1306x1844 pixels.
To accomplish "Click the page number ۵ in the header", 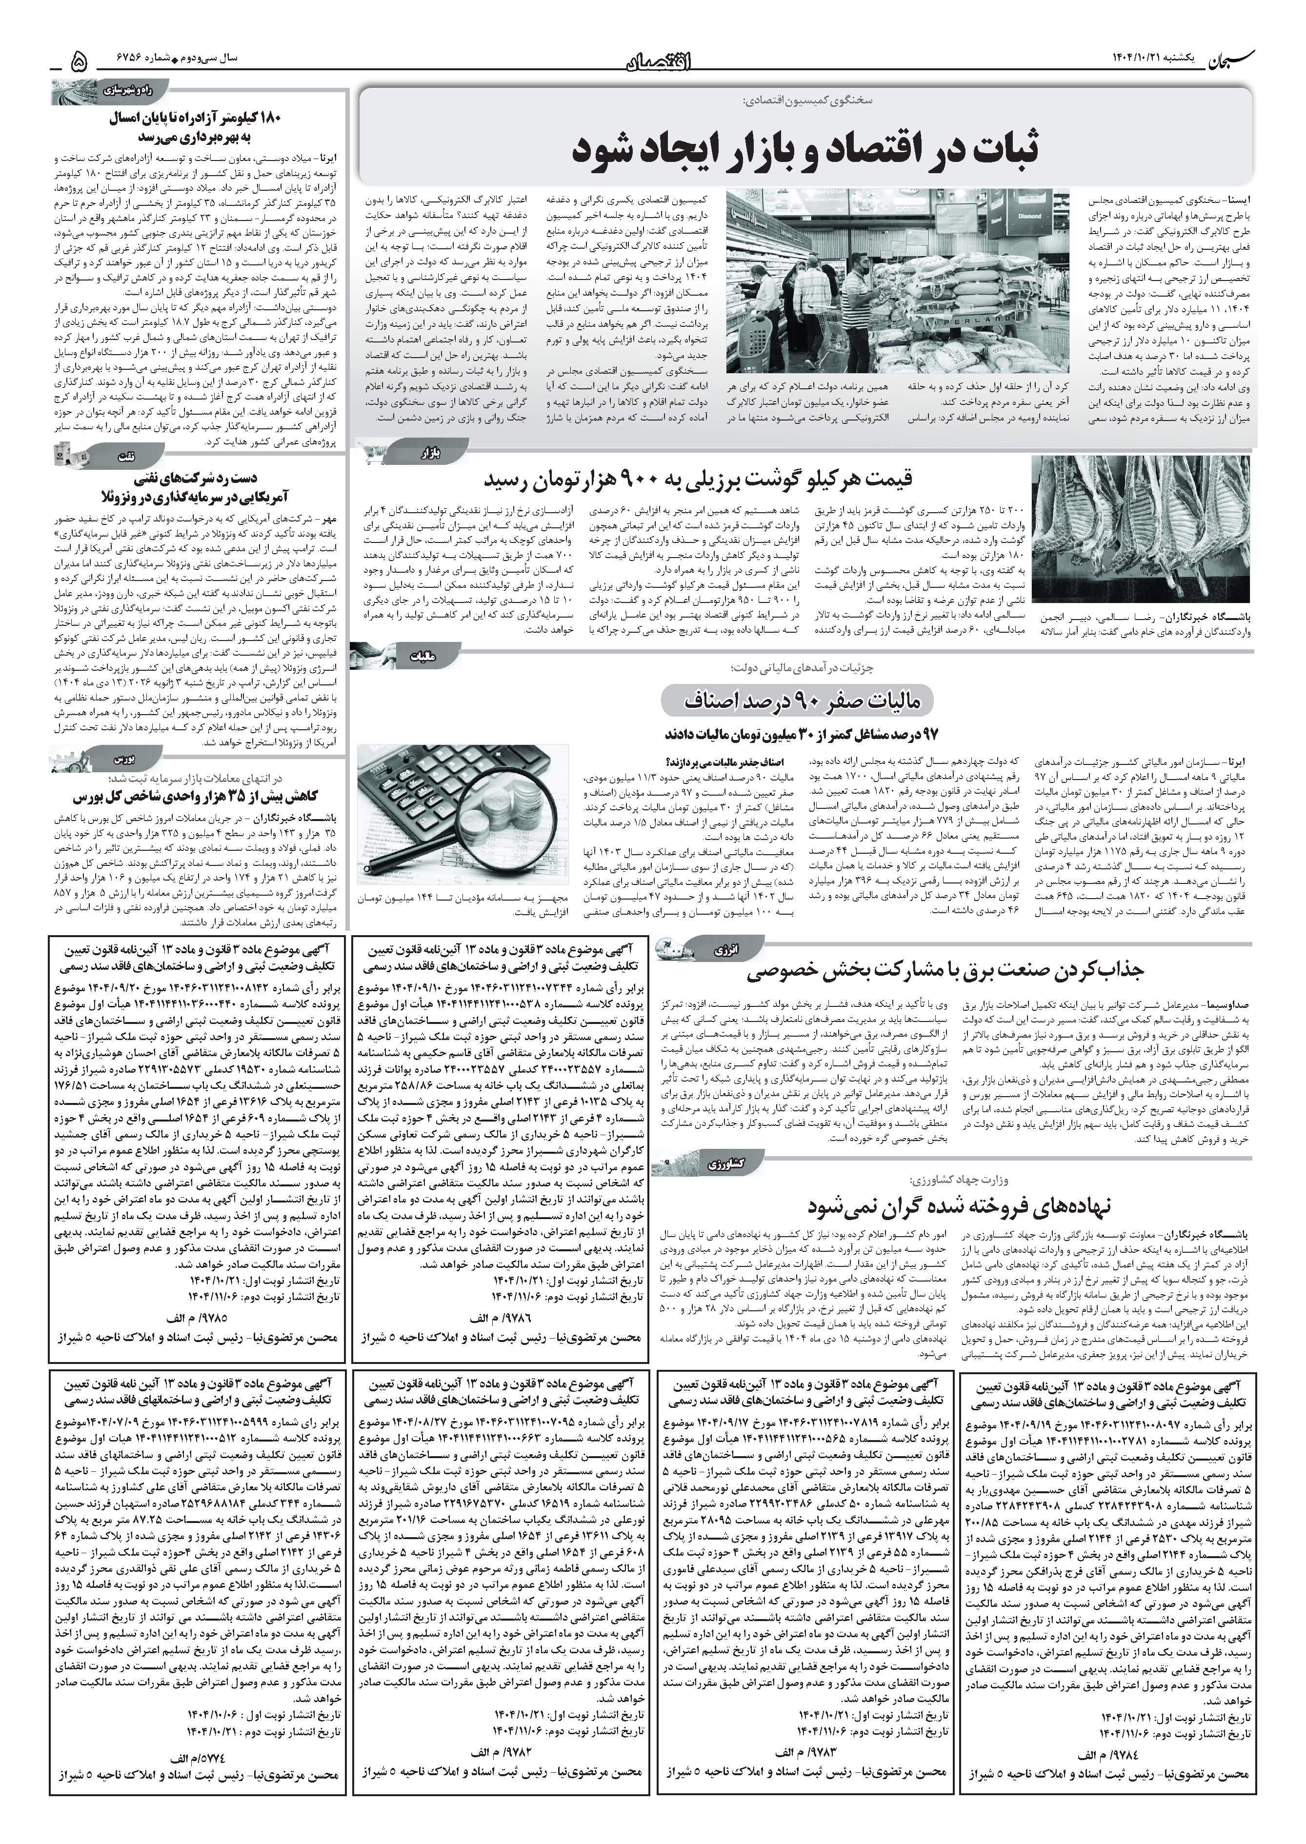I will tap(79, 60).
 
